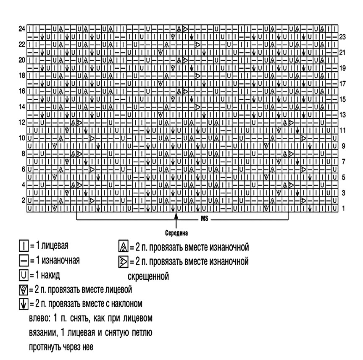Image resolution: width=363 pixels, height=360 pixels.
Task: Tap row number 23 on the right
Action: point(342,37)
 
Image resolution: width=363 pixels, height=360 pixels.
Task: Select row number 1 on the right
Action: point(343,208)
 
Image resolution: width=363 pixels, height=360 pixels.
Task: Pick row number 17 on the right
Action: point(342,83)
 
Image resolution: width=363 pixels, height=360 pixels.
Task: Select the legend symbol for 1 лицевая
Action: point(24,245)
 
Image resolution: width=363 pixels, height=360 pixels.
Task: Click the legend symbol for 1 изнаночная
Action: point(24,261)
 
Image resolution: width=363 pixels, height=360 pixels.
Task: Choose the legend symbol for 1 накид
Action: point(24,275)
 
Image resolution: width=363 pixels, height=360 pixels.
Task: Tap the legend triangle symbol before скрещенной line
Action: point(123,262)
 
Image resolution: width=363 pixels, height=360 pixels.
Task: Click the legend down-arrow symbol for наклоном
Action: point(24,303)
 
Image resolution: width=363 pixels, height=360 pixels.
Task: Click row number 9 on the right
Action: point(343,146)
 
